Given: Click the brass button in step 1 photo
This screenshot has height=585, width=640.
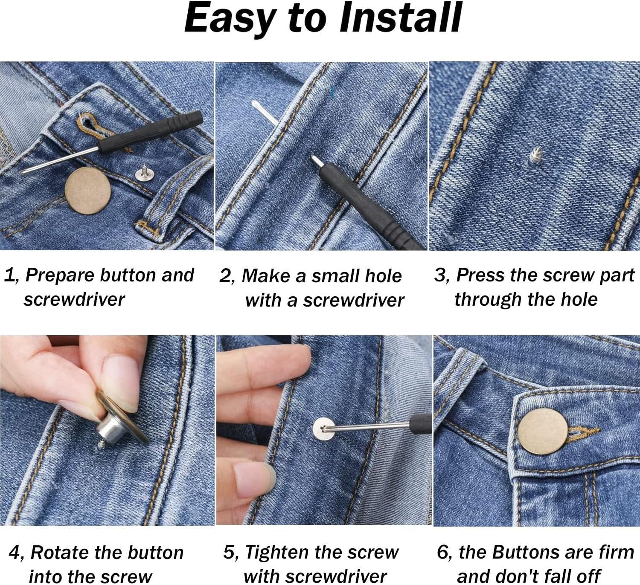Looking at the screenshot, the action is [88, 191].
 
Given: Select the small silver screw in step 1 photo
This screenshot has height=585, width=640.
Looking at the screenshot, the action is [143, 172].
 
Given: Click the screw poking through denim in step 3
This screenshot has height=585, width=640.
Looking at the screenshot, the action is [536, 156].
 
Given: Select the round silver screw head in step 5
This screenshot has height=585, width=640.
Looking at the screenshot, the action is [323, 429].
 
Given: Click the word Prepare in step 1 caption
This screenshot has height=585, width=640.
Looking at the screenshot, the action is [60, 275].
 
